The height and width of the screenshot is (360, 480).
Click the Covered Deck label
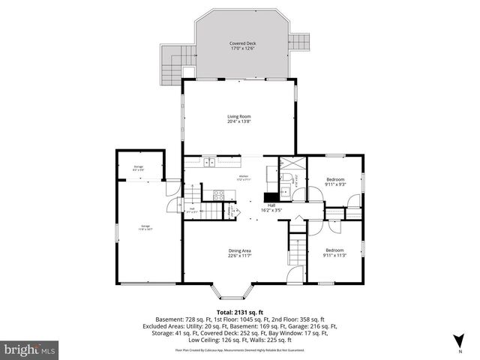tap(241, 43)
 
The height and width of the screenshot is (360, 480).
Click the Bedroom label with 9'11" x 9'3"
tap(334, 180)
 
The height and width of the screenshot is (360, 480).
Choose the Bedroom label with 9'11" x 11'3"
tap(334, 250)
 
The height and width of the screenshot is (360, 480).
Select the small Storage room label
tap(138, 167)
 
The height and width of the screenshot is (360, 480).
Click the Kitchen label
tap(243, 177)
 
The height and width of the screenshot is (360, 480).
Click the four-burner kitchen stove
tap(219, 194)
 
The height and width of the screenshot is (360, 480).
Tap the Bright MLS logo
tap(29, 349)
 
